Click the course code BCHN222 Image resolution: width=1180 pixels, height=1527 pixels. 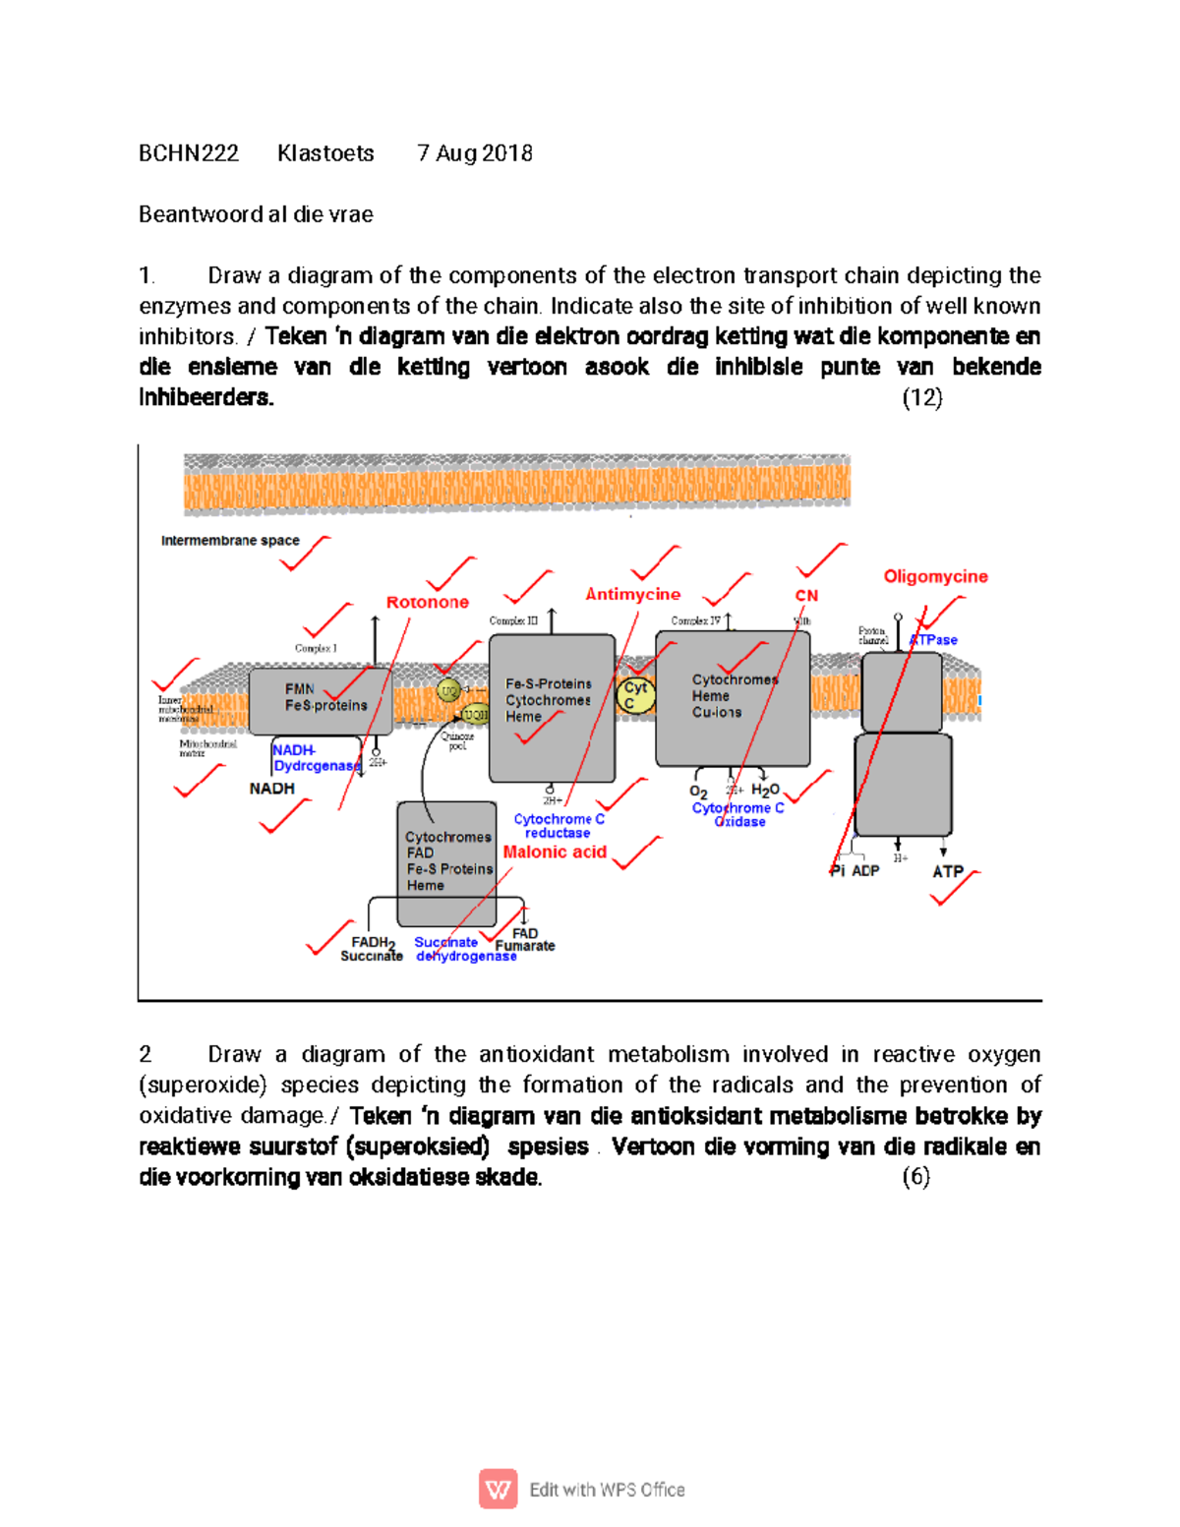click(x=188, y=153)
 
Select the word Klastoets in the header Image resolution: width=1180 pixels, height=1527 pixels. click(x=325, y=153)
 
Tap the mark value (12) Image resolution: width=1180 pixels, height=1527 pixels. click(x=921, y=397)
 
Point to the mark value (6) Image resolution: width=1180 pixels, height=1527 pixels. click(x=915, y=1177)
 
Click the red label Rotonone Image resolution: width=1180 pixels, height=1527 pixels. click(x=427, y=602)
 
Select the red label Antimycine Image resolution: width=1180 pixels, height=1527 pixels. click(x=632, y=594)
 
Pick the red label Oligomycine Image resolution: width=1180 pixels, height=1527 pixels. click(x=935, y=576)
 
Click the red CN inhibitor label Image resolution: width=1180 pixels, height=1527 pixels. click(x=806, y=596)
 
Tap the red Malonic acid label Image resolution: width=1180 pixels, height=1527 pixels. click(x=555, y=852)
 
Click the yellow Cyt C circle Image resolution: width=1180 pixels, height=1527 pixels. click(x=635, y=695)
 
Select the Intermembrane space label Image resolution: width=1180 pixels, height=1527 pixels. click(x=230, y=541)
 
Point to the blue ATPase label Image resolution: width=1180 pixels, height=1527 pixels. click(x=934, y=640)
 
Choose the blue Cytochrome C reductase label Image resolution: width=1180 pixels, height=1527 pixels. click(x=559, y=826)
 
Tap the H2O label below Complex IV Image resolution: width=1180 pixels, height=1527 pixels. click(x=765, y=790)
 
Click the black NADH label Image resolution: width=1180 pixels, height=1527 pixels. click(x=271, y=789)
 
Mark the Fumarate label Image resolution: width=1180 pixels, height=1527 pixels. click(x=525, y=946)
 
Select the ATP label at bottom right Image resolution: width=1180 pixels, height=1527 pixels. click(x=948, y=871)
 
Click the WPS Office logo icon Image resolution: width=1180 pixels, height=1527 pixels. click(x=499, y=1489)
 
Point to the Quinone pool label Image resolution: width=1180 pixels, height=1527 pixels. click(x=457, y=741)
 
